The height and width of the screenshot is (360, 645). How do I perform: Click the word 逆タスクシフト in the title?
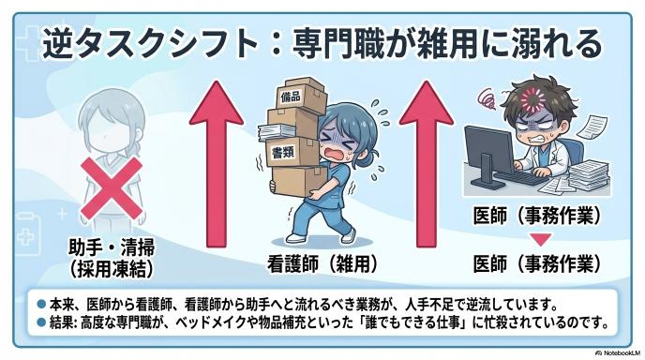point(150,44)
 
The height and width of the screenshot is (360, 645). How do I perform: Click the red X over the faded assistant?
point(112,188)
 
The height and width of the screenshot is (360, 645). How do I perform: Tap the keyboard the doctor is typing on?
point(520,178)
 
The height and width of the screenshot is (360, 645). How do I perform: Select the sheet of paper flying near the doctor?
point(592,127)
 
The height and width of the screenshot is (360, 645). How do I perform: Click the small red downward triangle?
point(540,239)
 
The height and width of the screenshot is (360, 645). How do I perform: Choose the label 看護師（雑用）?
point(322,264)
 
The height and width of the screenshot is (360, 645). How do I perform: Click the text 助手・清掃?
point(112,247)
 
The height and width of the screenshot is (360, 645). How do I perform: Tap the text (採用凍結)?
point(112,269)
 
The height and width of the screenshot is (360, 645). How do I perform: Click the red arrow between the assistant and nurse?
point(216,164)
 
